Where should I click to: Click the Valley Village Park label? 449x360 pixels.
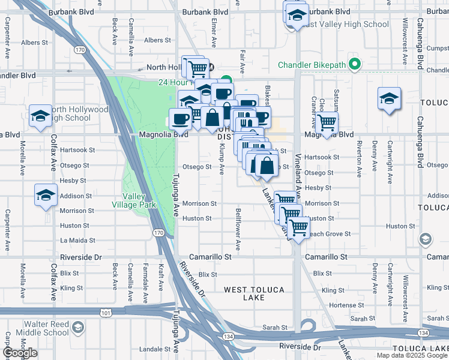click(x=139, y=200)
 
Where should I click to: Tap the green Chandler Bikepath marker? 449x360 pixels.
click(x=355, y=64)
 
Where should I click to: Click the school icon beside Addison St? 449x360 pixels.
click(x=45, y=196)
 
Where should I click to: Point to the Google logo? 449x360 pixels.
click(x=20, y=353)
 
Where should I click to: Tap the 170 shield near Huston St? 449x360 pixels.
click(x=158, y=232)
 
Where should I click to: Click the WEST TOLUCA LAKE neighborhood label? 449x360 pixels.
click(x=254, y=293)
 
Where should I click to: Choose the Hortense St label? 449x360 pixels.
click(x=343, y=305)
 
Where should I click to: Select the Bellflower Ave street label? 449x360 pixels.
click(x=238, y=229)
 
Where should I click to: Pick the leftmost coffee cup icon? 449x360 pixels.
click(x=181, y=119)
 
